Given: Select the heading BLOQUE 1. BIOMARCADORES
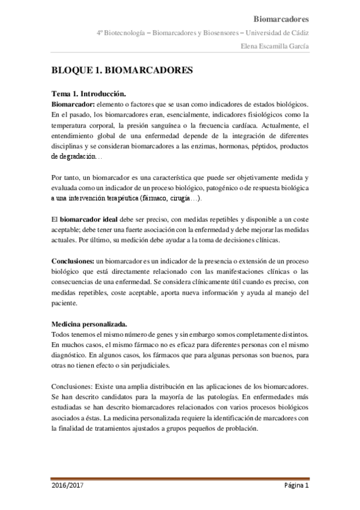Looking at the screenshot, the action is [x=122, y=70].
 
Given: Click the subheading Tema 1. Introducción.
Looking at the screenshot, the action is [x=88, y=94].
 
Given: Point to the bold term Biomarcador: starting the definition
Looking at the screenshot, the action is [x=74, y=104].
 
